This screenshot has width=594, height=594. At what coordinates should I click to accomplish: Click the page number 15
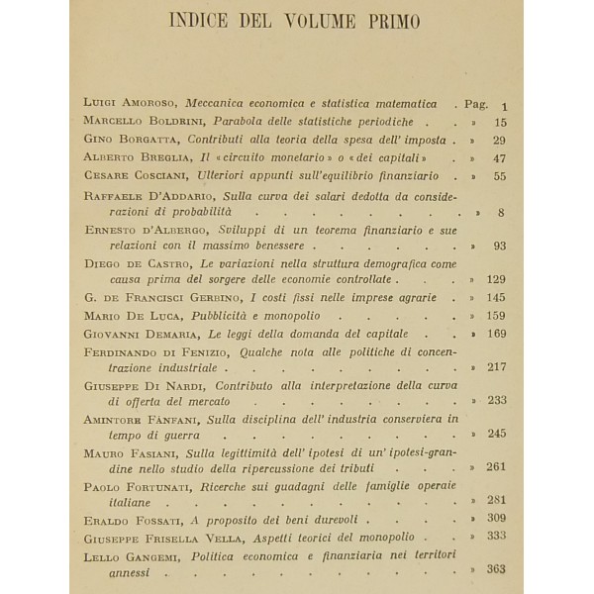(499, 122)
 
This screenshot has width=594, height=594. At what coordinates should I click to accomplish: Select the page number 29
(499, 140)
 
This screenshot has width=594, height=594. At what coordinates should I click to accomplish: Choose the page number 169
(495, 336)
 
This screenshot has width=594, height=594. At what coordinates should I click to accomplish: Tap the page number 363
(495, 569)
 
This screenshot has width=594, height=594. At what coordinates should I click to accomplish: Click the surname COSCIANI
(149, 174)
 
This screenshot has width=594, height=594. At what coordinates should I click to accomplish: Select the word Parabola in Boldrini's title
(235, 122)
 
